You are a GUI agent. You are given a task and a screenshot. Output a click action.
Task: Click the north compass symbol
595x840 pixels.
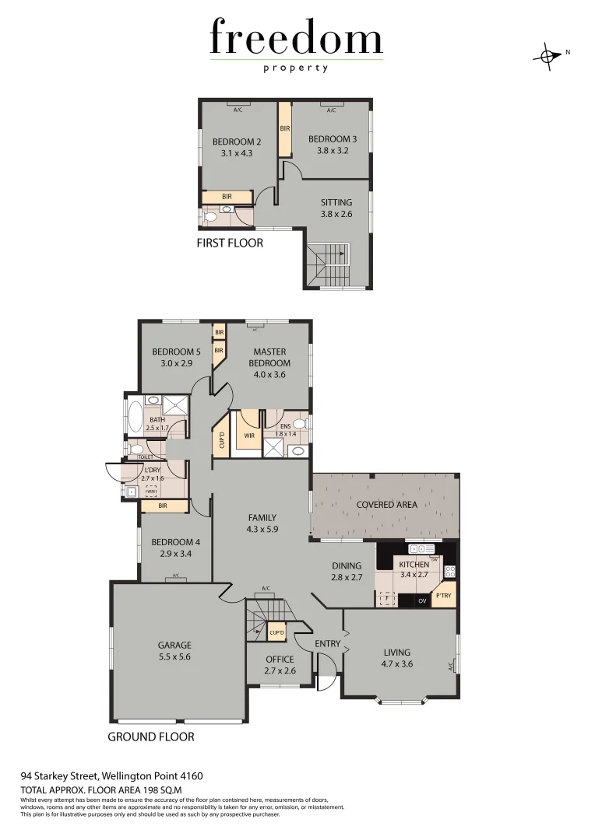click(548, 55)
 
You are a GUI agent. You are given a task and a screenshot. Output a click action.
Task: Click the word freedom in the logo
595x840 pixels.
click(296, 40)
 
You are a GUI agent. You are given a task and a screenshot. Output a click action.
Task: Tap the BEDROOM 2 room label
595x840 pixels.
click(237, 142)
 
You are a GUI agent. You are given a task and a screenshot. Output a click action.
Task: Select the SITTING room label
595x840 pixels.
click(336, 202)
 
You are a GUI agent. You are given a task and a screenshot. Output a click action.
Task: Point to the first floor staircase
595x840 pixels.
click(326, 264)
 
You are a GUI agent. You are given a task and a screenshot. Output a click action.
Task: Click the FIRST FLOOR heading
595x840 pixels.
click(231, 243)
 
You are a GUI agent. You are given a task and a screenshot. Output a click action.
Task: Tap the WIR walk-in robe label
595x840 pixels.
click(248, 436)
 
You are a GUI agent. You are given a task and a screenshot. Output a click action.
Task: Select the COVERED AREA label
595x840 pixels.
click(386, 504)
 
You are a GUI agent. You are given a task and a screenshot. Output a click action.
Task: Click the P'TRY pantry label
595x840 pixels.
click(443, 596)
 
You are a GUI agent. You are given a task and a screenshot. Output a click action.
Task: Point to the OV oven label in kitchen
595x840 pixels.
click(423, 600)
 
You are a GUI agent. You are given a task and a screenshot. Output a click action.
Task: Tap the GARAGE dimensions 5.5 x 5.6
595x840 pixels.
click(174, 656)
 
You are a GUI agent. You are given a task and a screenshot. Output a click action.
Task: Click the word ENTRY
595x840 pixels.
click(327, 643)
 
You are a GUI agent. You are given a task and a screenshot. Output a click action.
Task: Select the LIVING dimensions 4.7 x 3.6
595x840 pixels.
click(396, 663)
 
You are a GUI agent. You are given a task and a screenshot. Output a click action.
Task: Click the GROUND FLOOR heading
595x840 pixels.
click(150, 737)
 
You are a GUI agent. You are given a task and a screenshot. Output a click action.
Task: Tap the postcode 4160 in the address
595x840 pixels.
click(191, 775)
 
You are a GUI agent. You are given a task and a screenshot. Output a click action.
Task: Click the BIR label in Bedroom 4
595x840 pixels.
click(162, 506)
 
